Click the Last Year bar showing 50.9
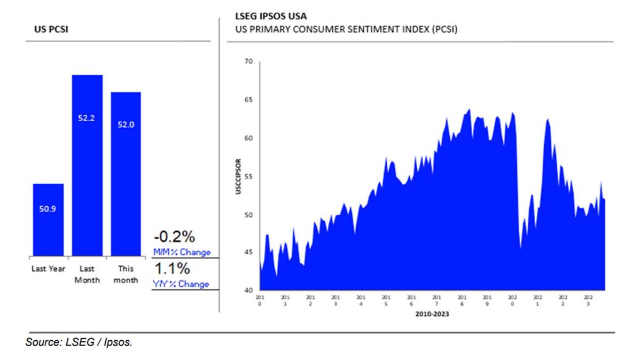tap(48, 219)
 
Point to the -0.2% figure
tap(174, 237)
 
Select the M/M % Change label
tap(182, 252)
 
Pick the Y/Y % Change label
tap(181, 284)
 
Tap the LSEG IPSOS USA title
tap(271, 16)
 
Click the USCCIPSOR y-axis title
tap(239, 176)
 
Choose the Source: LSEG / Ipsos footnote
tap(79, 342)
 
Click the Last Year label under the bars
tap(48, 269)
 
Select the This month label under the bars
tap(126, 274)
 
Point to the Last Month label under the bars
tap(87, 274)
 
